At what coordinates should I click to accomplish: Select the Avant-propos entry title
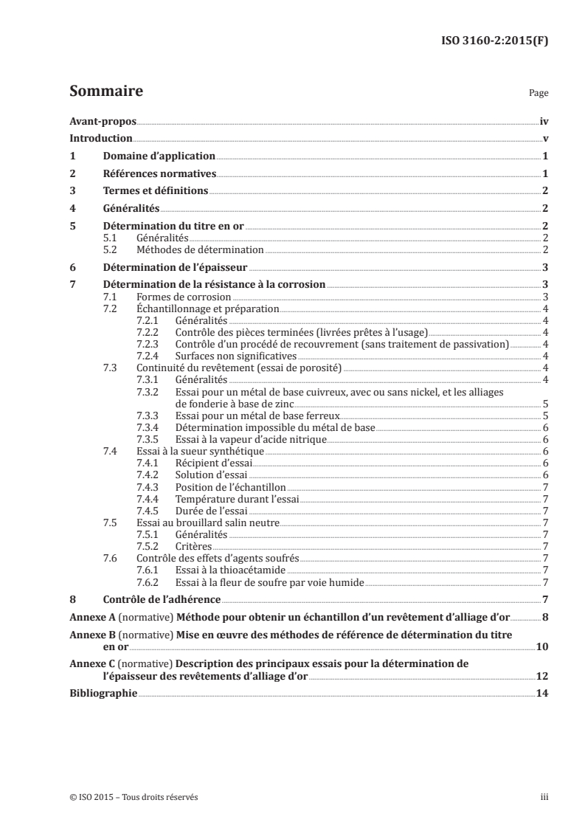click(x=103, y=121)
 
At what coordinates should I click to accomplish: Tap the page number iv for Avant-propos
click(x=543, y=121)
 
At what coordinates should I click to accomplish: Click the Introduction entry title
click(x=101, y=139)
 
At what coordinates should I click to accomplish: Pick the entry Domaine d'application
click(x=159, y=156)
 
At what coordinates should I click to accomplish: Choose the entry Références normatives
click(x=159, y=174)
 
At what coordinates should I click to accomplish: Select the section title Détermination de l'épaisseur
click(x=175, y=267)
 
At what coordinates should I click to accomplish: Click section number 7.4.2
click(x=150, y=475)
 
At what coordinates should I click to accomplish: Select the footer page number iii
click(x=544, y=797)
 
